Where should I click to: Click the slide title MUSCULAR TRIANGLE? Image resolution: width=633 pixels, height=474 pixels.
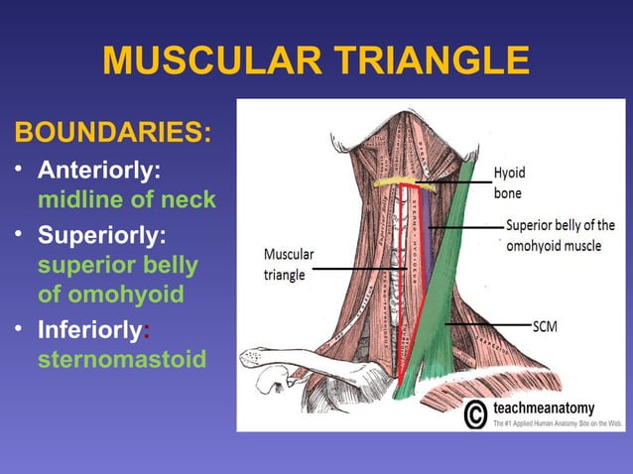pyautogui.click(x=316, y=61)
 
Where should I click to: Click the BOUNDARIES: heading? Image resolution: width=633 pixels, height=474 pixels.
pyautogui.click(x=110, y=133)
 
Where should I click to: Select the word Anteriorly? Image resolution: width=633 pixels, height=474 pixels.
pyautogui.click(x=99, y=171)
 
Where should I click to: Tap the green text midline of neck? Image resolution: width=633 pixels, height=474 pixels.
pyautogui.click(x=126, y=200)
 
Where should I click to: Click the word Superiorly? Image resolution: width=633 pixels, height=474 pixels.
pyautogui.click(x=101, y=238)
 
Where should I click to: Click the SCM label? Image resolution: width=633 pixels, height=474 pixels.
pyautogui.click(x=547, y=324)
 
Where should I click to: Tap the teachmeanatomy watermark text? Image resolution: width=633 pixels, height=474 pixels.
pyautogui.click(x=545, y=409)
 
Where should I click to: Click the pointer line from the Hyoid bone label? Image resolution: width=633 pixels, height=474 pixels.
pyautogui.click(x=451, y=181)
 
